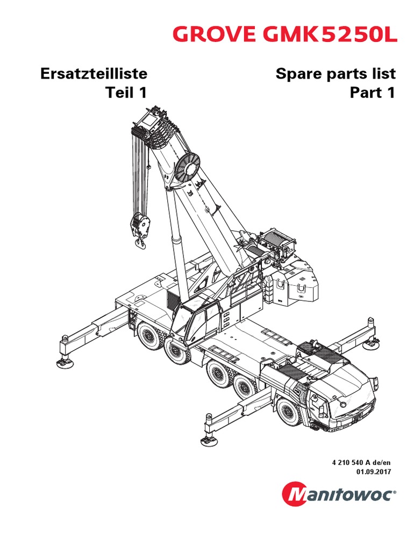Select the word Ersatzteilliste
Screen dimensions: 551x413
94,73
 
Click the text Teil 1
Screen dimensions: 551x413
126,93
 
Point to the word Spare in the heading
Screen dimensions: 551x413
298,73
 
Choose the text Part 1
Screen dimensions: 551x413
372,93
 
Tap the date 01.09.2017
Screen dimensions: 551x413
373,471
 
